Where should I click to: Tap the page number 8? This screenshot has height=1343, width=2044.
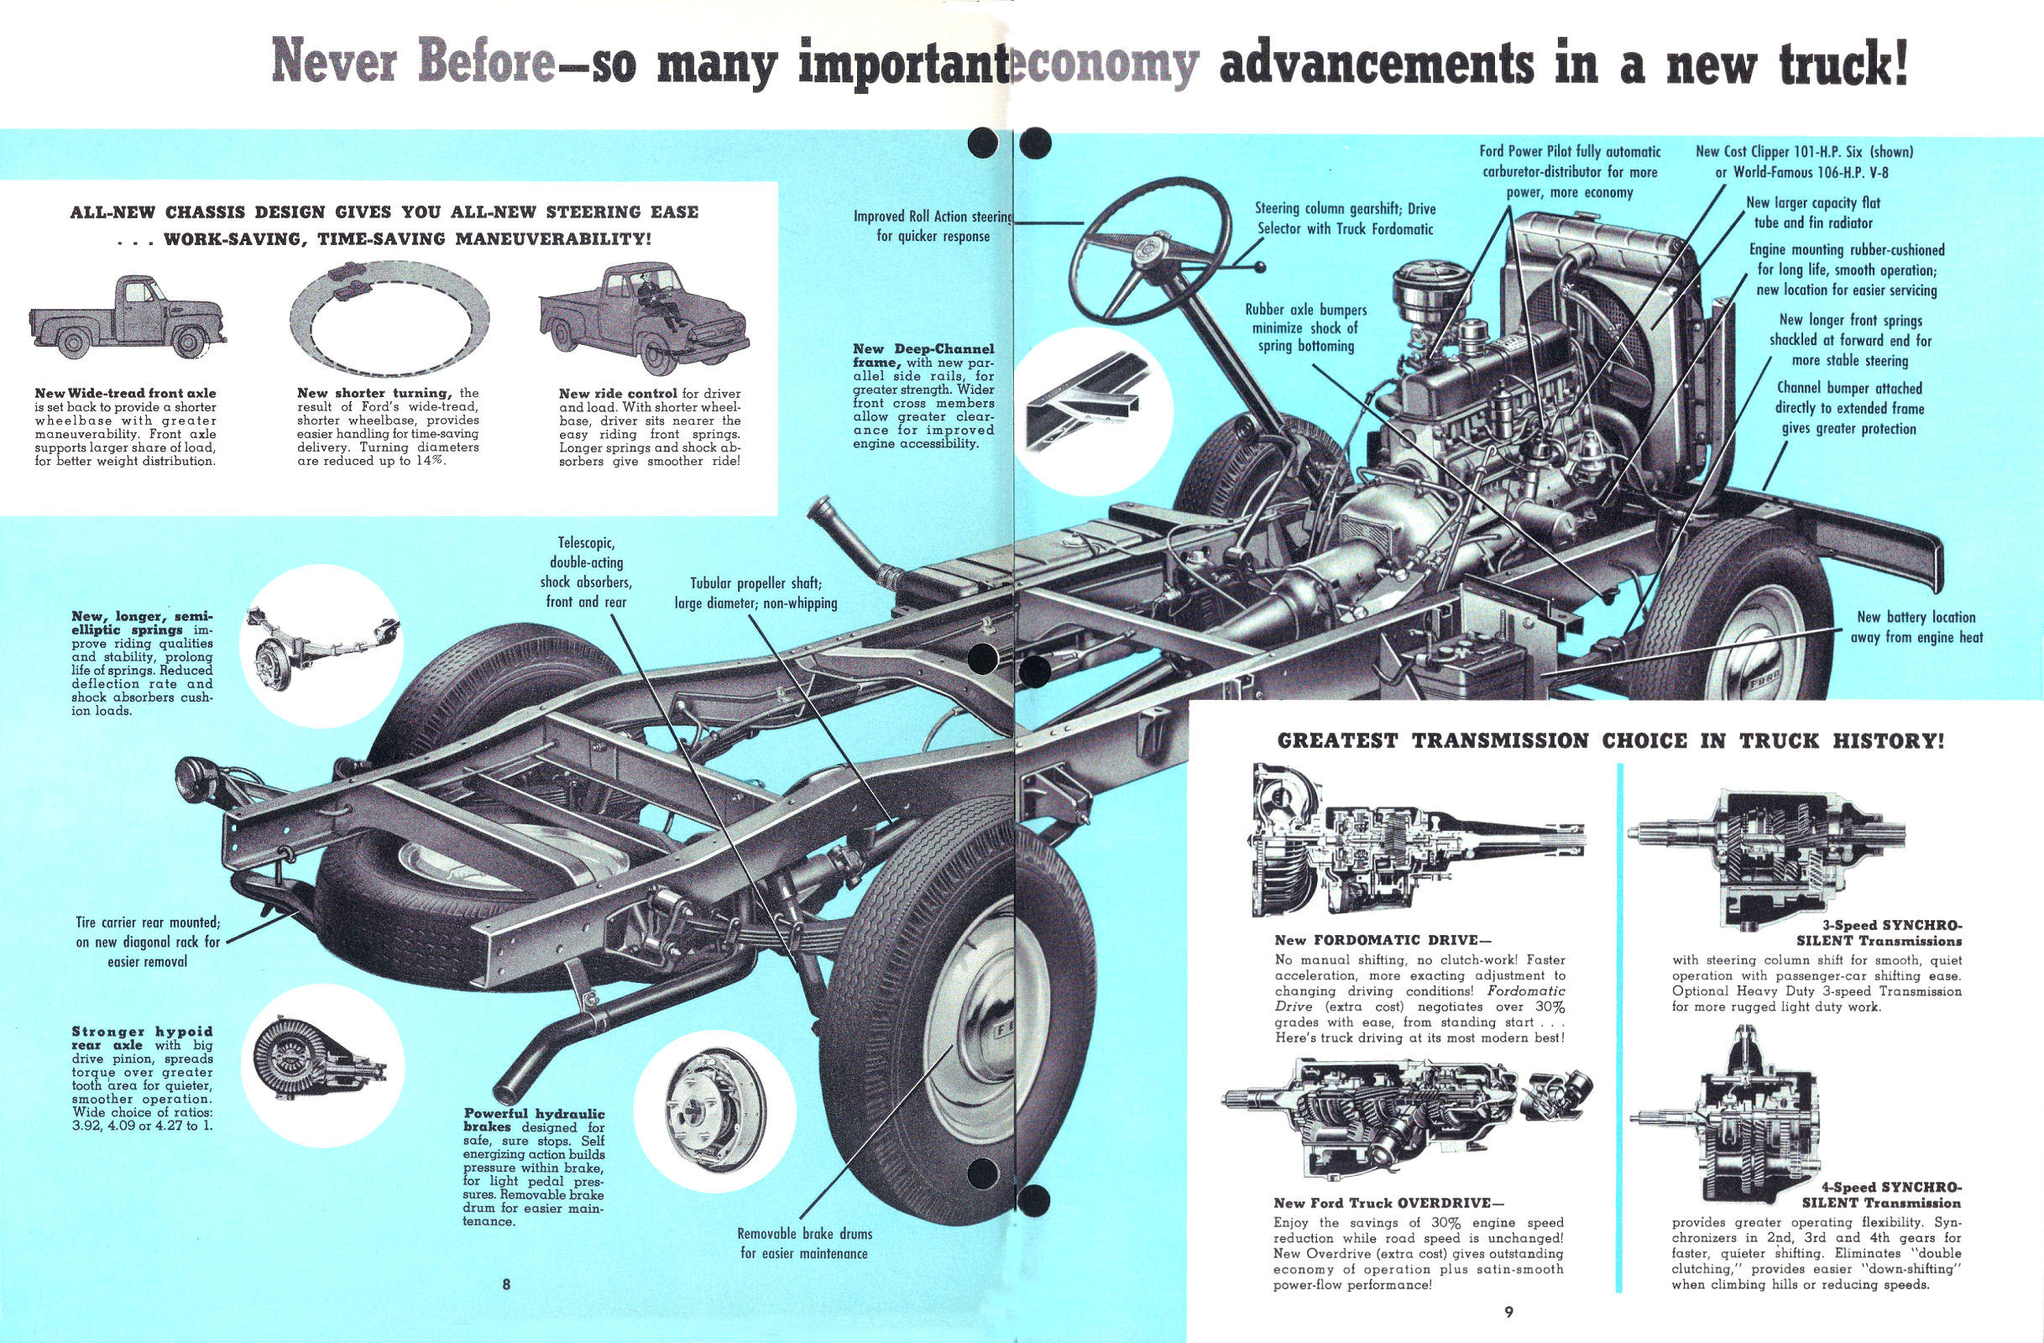507,1284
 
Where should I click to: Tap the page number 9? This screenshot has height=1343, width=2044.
1509,1311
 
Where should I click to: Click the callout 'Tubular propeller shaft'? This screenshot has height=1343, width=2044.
755,593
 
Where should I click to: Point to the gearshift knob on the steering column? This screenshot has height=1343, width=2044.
1261,268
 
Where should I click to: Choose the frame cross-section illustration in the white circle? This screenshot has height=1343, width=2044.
1091,410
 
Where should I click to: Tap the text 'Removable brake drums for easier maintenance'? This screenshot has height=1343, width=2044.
804,1243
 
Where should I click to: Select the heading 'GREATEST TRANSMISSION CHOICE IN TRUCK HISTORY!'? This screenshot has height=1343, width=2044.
1610,740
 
